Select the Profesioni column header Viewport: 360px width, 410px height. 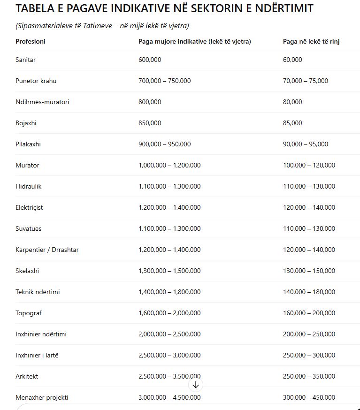31,41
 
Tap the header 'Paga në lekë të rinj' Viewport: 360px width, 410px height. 311,41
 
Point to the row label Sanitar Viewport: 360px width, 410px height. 25,60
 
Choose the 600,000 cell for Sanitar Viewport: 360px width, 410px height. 150,60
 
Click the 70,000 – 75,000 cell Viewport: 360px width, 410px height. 305,81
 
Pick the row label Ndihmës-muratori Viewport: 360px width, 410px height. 42,102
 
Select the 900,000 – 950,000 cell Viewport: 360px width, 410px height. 164,144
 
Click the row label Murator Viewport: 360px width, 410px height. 27,165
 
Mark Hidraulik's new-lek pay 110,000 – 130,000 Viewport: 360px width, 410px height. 309,186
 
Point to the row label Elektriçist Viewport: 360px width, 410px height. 29,207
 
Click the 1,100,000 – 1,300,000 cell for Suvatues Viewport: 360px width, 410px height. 169,228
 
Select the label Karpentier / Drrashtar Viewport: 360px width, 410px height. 47,250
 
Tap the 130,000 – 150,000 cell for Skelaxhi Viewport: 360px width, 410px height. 309,271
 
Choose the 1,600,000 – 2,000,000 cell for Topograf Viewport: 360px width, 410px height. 169,313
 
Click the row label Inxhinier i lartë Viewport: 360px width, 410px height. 37,355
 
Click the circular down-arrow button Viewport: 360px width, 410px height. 196,385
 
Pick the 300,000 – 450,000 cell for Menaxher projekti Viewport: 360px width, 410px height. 309,397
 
